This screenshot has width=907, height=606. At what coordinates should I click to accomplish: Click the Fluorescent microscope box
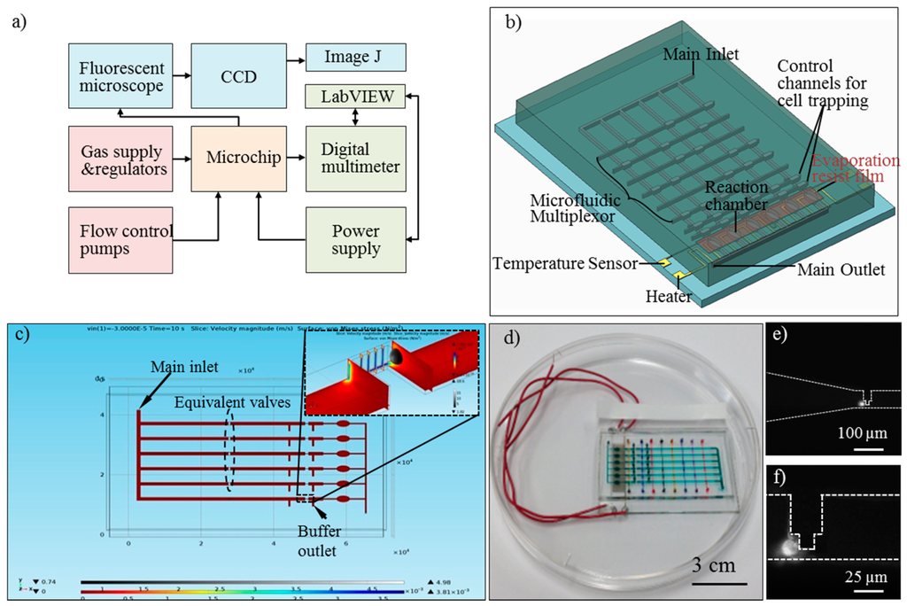(x=120, y=76)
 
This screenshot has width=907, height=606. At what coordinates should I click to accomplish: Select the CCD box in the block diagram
(x=238, y=76)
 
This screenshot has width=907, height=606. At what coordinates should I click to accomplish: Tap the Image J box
(x=355, y=58)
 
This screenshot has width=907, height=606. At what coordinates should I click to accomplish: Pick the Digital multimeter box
(x=355, y=158)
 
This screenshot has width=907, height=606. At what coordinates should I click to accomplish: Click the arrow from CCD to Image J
(x=292, y=58)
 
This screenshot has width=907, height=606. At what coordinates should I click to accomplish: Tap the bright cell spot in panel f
(x=786, y=548)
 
